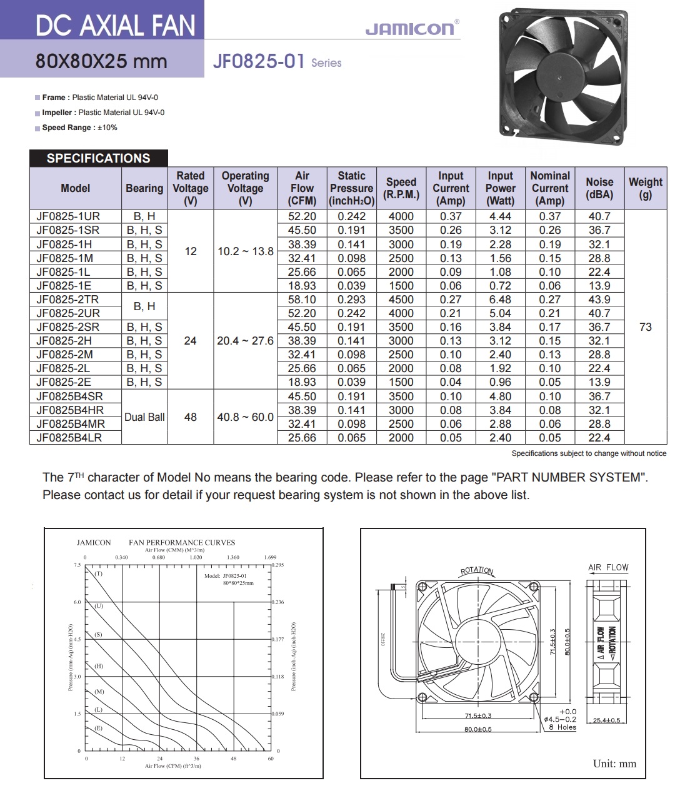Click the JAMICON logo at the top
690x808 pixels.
pos(411,28)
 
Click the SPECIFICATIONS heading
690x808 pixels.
pos(98,158)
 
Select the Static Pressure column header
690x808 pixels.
pos(351,188)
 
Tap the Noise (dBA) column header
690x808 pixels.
pos(599,188)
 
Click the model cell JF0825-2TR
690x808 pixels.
pos(67,300)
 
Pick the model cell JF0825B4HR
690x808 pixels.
pos(70,410)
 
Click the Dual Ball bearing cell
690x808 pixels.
pos(144,417)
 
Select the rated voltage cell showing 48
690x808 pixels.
pos(191,417)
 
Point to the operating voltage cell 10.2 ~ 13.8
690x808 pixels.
pos(245,251)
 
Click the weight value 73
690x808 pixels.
pos(646,327)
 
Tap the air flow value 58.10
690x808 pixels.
pos(302,300)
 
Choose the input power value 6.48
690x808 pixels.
pos(500,300)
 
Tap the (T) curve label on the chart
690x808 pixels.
pos(99,573)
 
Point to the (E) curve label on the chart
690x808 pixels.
pos(98,729)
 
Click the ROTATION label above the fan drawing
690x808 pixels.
pos(477,570)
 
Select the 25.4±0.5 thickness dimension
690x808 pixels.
pos(606,720)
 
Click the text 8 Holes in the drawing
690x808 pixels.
pos(562,727)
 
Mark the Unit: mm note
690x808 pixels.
pos(614,764)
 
